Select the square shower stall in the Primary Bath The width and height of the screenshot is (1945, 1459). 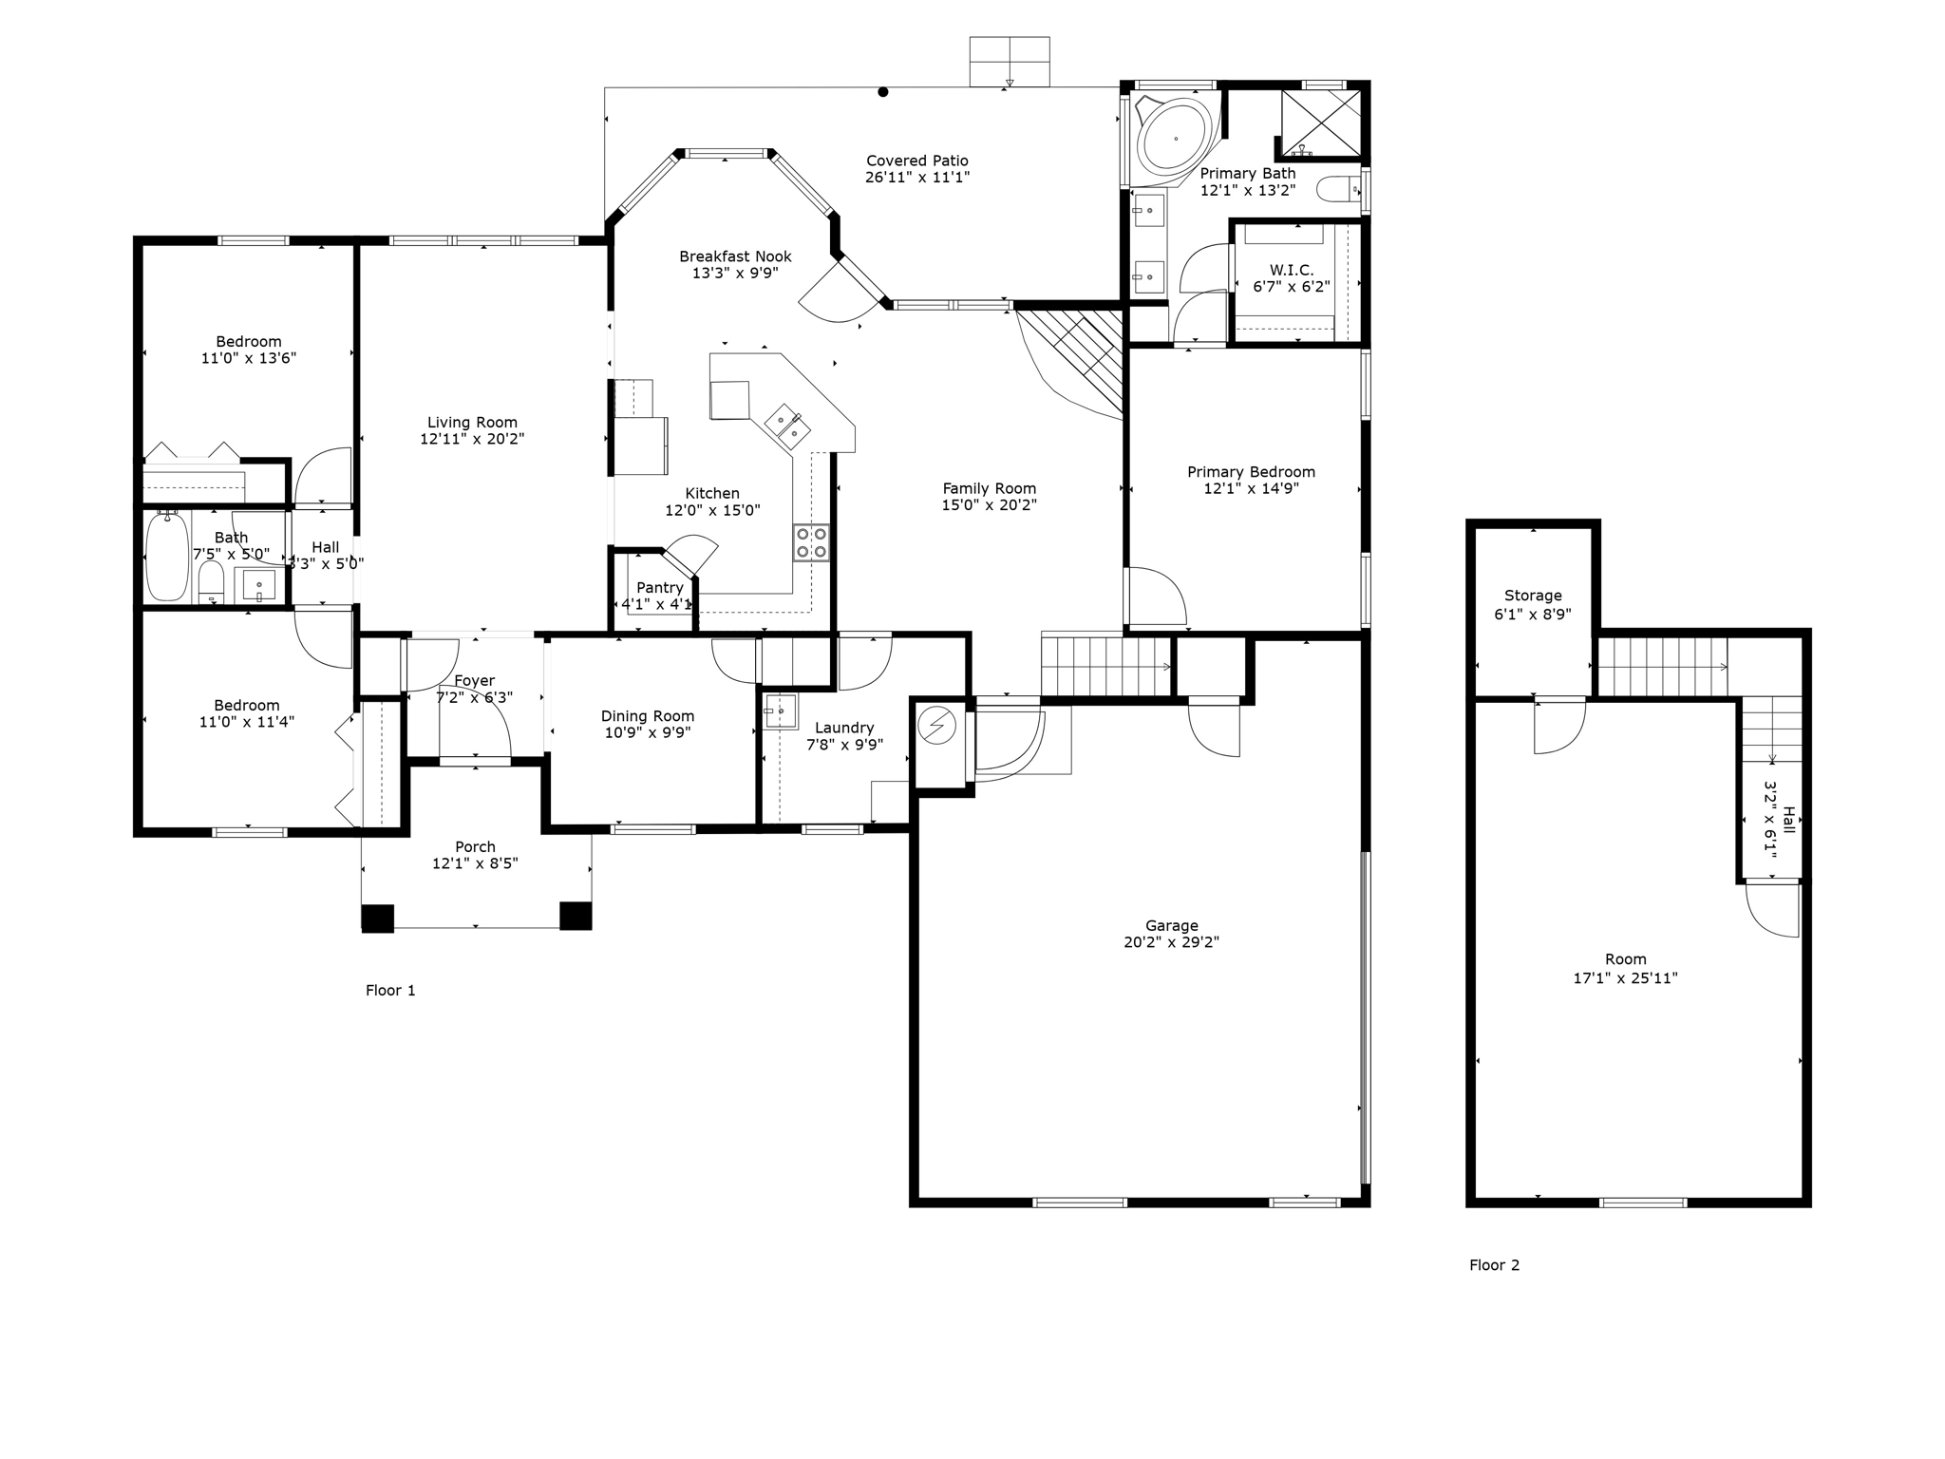point(1320,122)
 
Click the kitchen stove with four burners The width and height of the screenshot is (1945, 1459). point(811,542)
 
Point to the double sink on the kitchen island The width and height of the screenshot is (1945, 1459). point(787,426)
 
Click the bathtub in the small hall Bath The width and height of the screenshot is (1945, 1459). point(167,558)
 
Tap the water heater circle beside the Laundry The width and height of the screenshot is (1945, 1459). point(937,728)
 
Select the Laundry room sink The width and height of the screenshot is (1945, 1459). point(781,711)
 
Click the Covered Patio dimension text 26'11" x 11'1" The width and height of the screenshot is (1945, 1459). point(916,178)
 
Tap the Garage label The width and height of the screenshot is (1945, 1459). point(1171,925)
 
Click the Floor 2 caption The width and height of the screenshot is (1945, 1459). point(1494,1265)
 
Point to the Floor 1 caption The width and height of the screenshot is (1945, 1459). point(390,991)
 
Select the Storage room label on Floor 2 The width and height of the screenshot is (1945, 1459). point(1532,596)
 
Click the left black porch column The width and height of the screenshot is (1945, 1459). point(377,918)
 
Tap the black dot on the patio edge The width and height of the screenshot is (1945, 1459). point(882,92)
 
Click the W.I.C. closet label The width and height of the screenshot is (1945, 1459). point(1291,271)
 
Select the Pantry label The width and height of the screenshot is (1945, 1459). point(659,588)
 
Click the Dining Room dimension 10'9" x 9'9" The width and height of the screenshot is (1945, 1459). point(647,733)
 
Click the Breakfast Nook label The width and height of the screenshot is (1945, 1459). point(735,256)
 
